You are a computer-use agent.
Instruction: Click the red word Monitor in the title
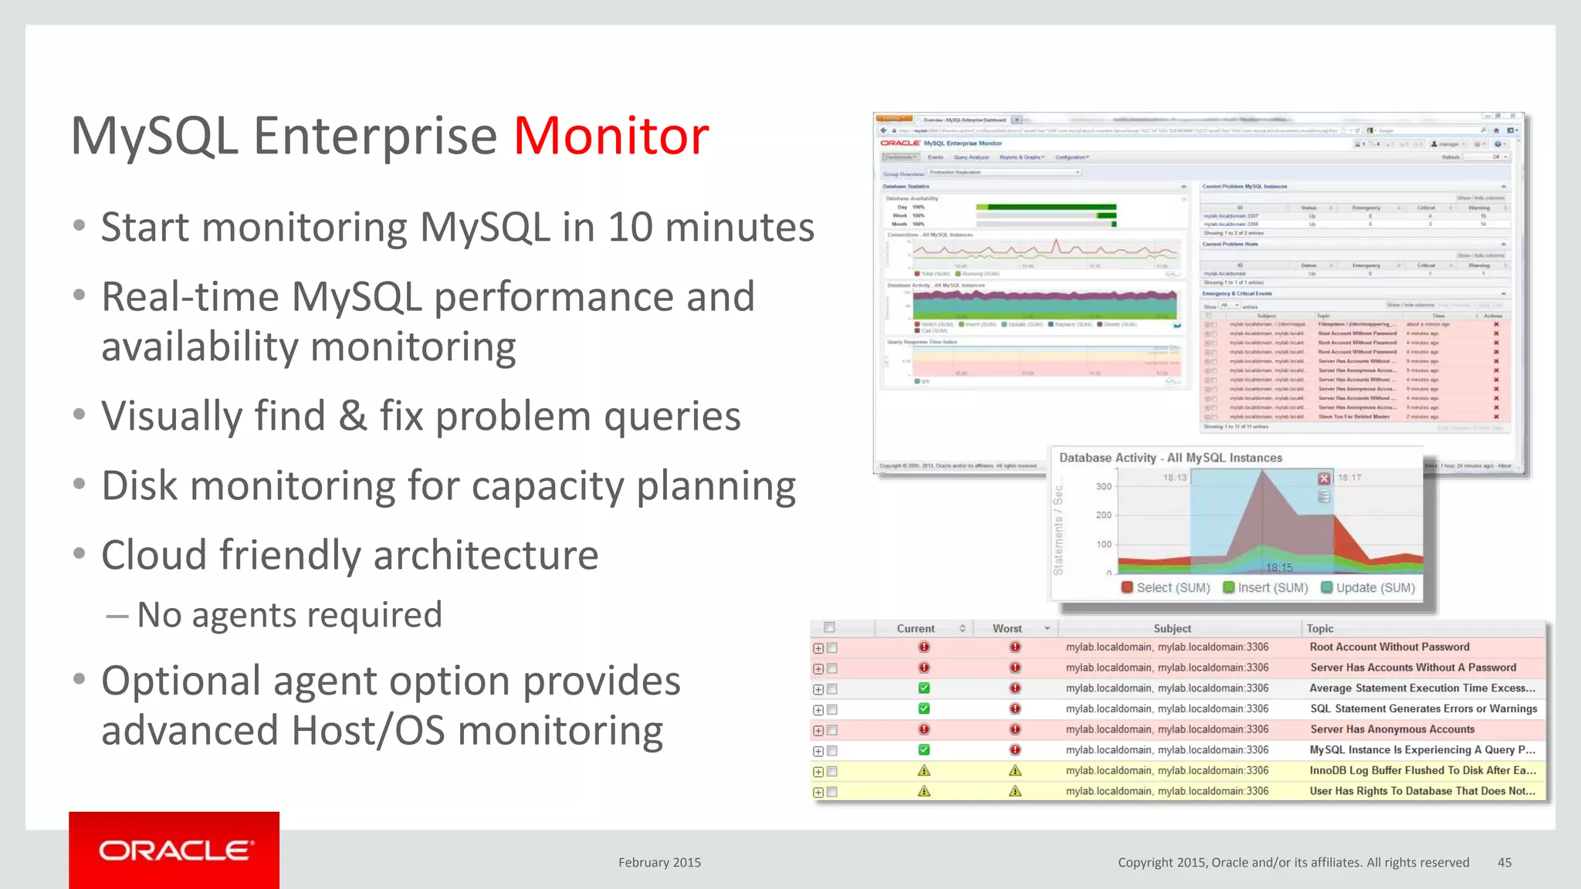[x=611, y=136]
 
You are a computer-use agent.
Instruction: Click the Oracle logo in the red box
[x=174, y=850]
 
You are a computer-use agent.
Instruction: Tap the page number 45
[x=1504, y=862]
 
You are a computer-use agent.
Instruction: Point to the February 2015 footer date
[x=659, y=862]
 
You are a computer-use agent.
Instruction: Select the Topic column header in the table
[x=1320, y=628]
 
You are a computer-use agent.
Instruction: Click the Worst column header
[x=1007, y=628]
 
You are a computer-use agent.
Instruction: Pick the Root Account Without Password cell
[x=1389, y=647]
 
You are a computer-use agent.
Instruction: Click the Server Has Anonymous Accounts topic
[x=1391, y=729]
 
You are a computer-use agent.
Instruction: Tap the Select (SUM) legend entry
[x=1166, y=587]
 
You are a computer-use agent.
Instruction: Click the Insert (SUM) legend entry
[x=1266, y=587]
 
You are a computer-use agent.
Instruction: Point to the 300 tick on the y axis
[x=1104, y=486]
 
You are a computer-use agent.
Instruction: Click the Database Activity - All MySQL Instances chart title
[x=1170, y=458]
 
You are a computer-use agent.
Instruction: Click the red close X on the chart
[x=1324, y=478]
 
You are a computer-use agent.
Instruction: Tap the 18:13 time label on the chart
[x=1174, y=478]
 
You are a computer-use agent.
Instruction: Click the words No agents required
[x=289, y=615]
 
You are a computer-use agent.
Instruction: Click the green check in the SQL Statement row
[x=924, y=708]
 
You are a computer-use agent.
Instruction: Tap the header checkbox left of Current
[x=829, y=627]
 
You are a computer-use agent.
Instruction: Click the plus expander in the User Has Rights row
[x=818, y=792]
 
